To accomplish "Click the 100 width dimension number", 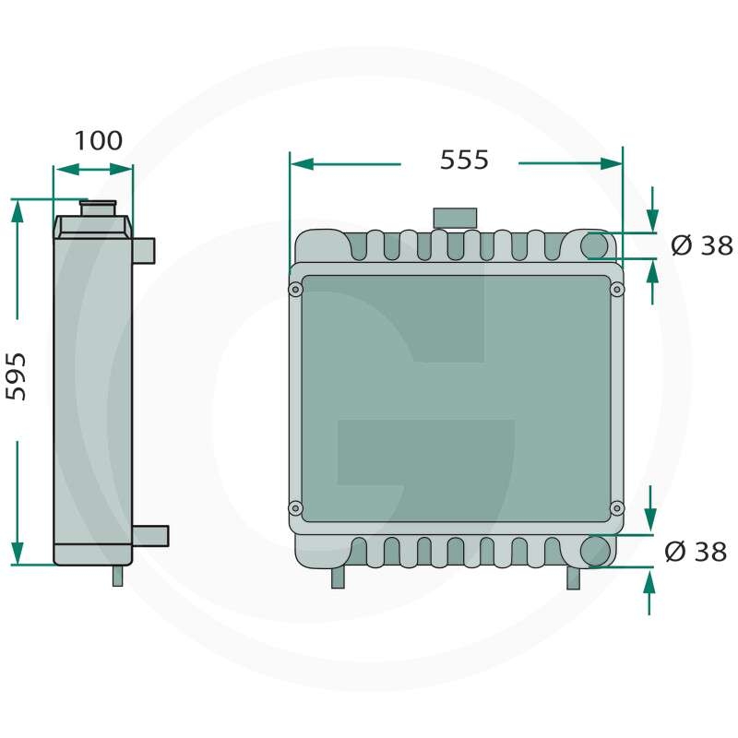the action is [x=99, y=140].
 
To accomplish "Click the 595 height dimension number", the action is [x=16, y=376].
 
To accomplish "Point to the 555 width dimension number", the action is [x=464, y=160].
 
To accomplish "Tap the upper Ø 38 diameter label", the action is [x=702, y=245].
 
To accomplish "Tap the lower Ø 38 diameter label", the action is [x=696, y=551].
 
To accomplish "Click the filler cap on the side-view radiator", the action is [x=98, y=208].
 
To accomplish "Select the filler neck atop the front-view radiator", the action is [x=455, y=219].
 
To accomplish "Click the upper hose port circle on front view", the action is [x=594, y=245].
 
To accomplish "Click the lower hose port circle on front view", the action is [x=595, y=551].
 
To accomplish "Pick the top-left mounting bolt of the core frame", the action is [x=295, y=289].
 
